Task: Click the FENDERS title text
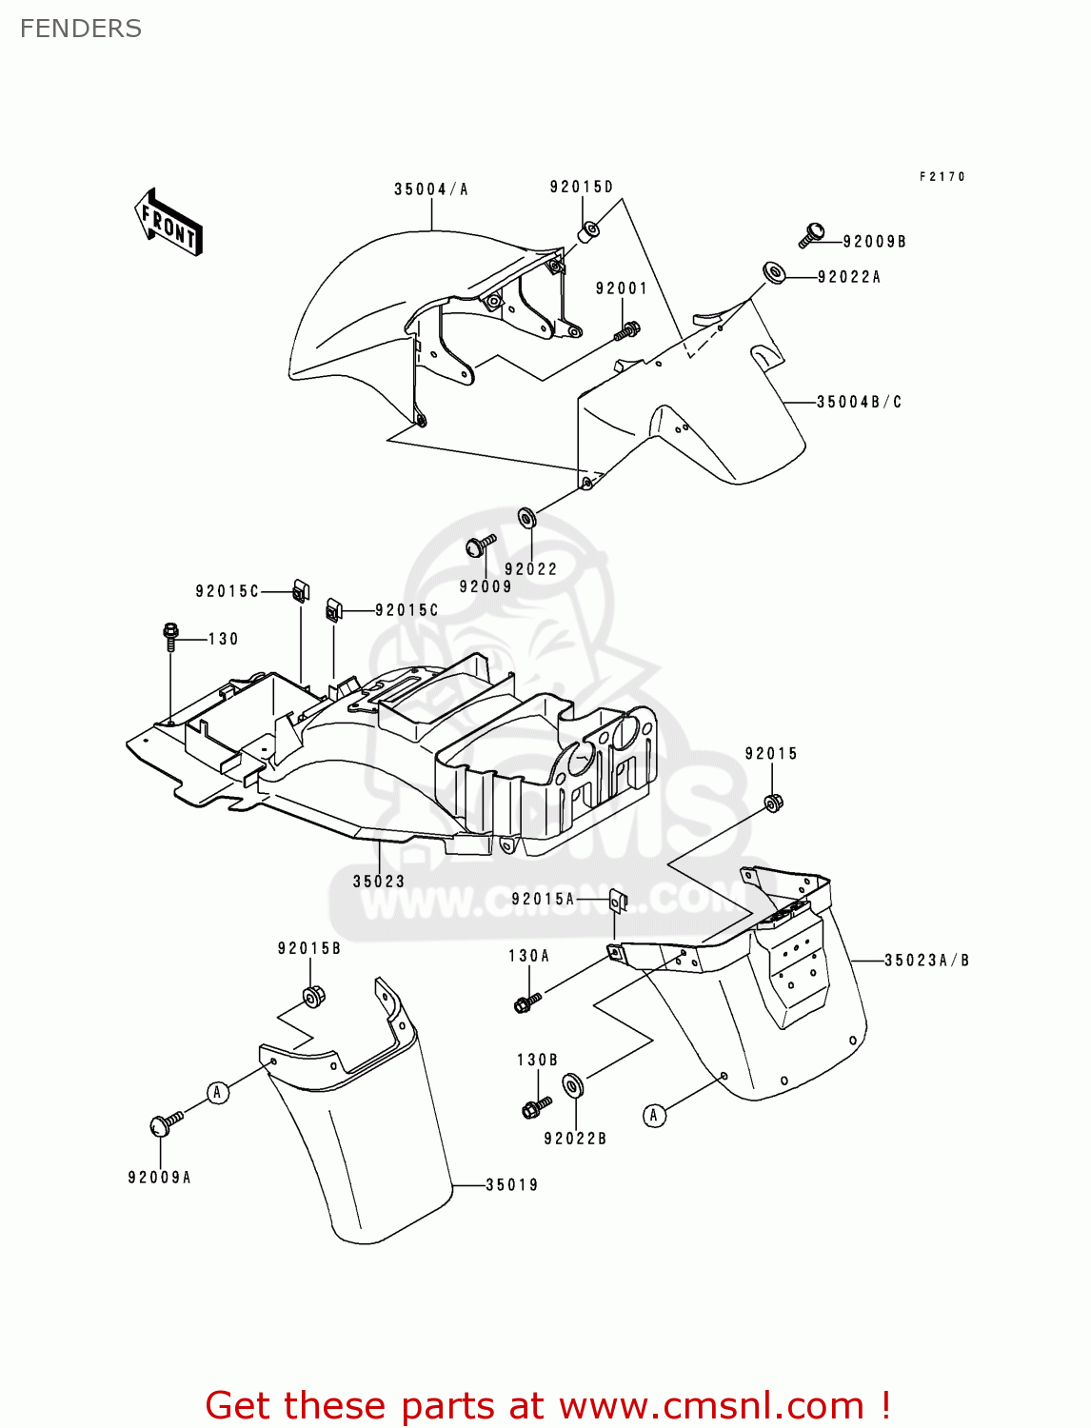click(80, 29)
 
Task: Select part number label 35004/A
click(431, 189)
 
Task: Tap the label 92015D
click(582, 187)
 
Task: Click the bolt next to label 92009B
click(811, 233)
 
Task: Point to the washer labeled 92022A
click(773, 274)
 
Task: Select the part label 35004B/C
click(859, 402)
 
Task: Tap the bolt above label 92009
click(479, 545)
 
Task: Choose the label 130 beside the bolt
click(224, 639)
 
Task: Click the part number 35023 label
click(379, 882)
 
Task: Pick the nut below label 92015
click(774, 803)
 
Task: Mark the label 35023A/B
click(926, 960)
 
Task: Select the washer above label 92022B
click(573, 1085)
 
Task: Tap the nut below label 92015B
click(312, 997)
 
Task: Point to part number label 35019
click(512, 1185)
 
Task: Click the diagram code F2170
click(942, 176)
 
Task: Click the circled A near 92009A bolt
click(218, 1092)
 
